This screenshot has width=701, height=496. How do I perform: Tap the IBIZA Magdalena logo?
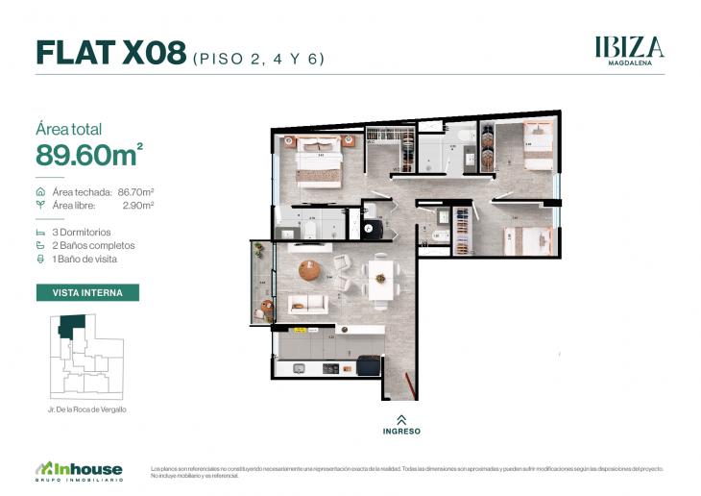628,50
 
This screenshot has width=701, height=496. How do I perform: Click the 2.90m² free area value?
138,205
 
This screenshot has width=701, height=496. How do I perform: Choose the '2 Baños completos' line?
93,246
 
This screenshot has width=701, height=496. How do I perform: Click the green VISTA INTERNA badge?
87,292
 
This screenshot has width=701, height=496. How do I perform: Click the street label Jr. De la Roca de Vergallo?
87,409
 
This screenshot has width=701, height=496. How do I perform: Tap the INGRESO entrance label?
401,431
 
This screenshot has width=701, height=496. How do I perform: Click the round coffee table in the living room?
309,271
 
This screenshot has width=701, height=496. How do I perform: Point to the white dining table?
379,278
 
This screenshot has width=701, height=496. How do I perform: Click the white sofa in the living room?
307,305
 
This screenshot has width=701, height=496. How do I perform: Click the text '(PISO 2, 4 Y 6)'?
259,58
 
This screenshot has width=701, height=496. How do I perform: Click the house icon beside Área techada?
39,192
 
